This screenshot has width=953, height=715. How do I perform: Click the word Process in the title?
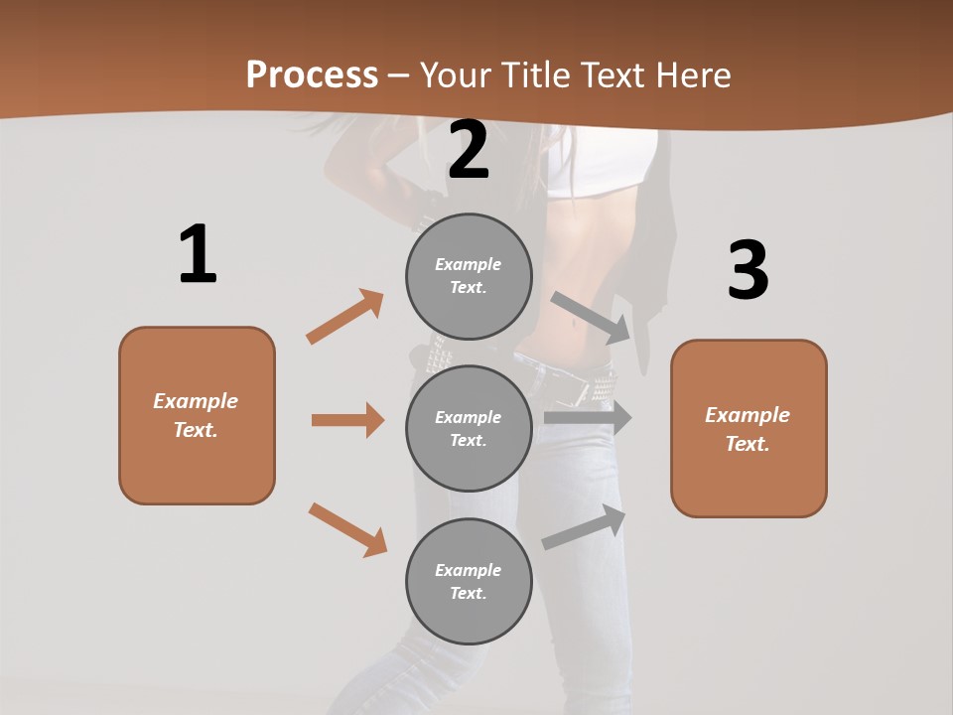pyautogui.click(x=312, y=75)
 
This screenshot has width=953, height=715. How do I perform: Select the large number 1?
pyautogui.click(x=198, y=254)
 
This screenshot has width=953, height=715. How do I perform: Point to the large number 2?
pyautogui.click(x=469, y=150)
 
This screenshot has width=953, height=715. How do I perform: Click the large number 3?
pyautogui.click(x=749, y=270)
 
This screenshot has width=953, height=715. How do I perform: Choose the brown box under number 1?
pyautogui.click(x=197, y=415)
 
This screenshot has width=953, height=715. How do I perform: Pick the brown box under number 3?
pyautogui.click(x=749, y=428)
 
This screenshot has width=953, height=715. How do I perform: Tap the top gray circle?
pyautogui.click(x=469, y=276)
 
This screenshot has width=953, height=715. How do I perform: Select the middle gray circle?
pyautogui.click(x=469, y=428)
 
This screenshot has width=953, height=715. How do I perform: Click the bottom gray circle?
pyautogui.click(x=469, y=581)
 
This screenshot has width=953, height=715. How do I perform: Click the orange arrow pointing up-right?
pyautogui.click(x=344, y=317)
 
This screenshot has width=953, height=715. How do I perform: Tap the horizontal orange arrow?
pyautogui.click(x=347, y=420)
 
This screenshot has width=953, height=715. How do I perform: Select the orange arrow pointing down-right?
pyautogui.click(x=347, y=529)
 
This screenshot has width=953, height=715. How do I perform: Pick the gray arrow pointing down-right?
pyautogui.click(x=592, y=317)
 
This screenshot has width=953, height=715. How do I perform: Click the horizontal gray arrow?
pyautogui.click(x=588, y=418)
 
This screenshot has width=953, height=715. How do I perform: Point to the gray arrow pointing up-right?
pyautogui.click(x=584, y=527)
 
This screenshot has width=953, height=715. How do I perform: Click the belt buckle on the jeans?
pyautogui.click(x=573, y=389)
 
